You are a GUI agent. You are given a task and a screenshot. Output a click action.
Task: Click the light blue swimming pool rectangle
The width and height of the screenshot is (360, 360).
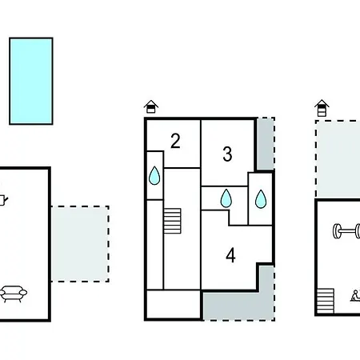[x=31, y=81]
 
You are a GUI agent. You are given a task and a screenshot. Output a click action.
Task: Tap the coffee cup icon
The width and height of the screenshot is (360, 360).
[x=3, y=200]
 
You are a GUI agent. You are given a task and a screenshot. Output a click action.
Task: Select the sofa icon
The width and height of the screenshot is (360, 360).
[x=14, y=294]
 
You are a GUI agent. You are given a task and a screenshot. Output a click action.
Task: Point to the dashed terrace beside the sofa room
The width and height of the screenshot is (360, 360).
[x=80, y=244]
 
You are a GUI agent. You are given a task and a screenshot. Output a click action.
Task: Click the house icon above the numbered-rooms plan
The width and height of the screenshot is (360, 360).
[x=151, y=106]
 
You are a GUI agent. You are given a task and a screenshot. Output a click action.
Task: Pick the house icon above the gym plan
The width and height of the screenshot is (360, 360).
[x=322, y=108]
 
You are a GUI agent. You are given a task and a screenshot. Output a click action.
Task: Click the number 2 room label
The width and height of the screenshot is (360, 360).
[x=175, y=141]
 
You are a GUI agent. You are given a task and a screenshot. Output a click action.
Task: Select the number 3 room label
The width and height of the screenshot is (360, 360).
[x=227, y=154]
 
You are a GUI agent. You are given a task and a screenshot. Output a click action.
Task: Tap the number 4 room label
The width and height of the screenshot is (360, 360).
[x=230, y=255]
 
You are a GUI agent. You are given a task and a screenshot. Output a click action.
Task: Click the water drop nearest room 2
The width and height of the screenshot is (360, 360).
[x=154, y=176]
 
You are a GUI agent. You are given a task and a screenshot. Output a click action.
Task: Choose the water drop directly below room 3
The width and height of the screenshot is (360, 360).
[x=226, y=198]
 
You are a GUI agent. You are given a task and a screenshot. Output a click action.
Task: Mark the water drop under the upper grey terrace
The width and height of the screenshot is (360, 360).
[x=261, y=199]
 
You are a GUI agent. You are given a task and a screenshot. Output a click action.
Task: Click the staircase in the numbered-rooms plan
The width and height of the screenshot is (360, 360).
[x=172, y=221]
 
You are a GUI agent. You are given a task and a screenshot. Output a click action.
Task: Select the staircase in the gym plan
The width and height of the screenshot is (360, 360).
[x=326, y=301]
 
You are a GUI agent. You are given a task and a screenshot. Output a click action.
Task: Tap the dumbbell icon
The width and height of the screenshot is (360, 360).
[x=346, y=231]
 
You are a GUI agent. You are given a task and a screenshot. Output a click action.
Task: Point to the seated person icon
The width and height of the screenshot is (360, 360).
[x=355, y=296]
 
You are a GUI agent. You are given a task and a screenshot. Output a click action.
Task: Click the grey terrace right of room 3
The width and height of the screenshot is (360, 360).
[x=266, y=143]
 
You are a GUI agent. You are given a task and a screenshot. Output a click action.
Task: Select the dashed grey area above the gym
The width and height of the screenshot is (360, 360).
[x=338, y=159]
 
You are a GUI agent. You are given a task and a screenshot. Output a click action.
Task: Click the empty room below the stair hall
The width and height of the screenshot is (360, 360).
[x=174, y=304]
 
